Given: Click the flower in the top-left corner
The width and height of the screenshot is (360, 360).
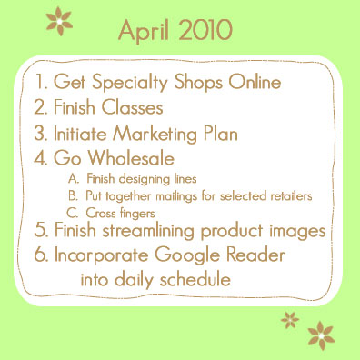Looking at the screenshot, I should click(61, 18).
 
